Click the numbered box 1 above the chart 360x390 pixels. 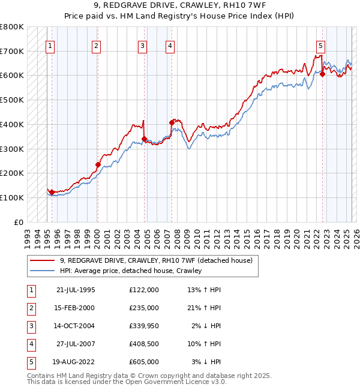coord(50,45)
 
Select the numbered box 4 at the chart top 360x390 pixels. coord(170,45)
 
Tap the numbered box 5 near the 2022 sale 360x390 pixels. coord(321,45)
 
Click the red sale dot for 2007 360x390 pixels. coord(172,122)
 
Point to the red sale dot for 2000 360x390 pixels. coord(98,164)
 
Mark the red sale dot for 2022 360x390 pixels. coord(322,74)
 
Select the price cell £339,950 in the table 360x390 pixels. coord(143,326)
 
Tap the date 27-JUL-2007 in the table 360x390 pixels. coord(75,344)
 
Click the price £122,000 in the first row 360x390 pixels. coord(143,290)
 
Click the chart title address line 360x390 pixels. coord(180,7)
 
